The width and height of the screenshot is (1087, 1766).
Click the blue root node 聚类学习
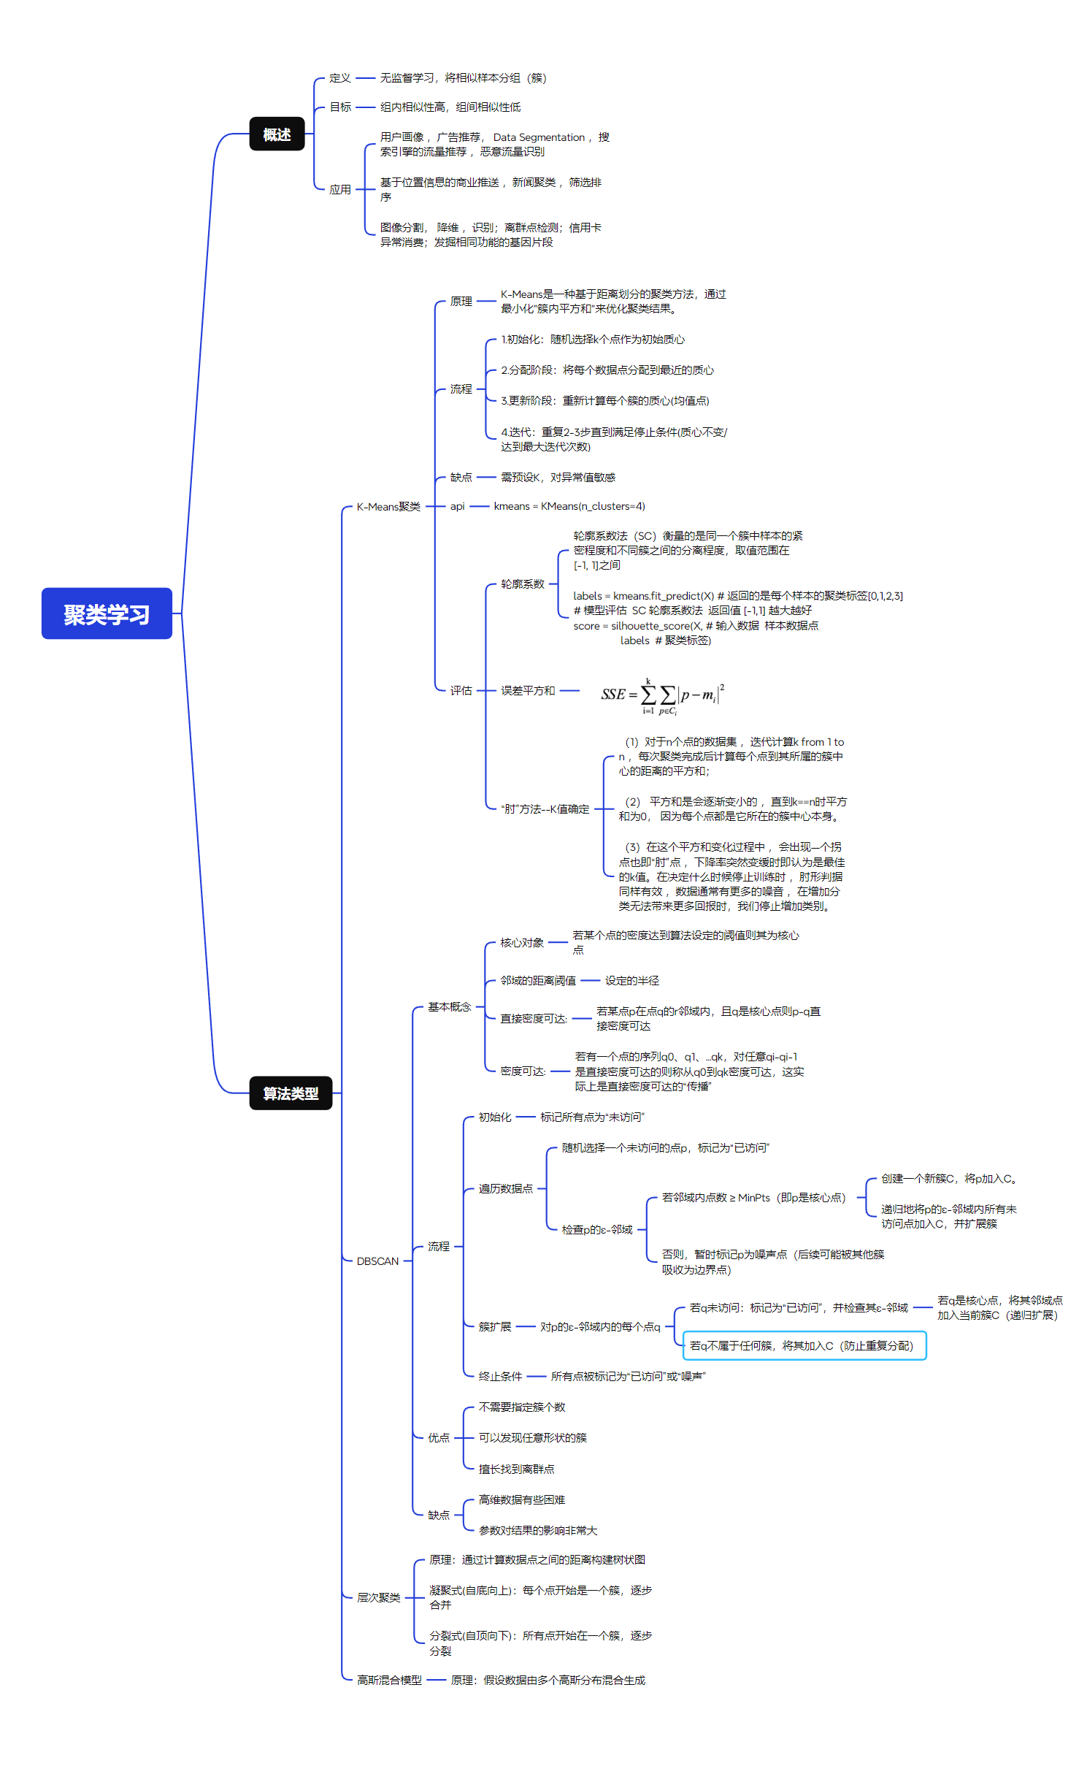[x=107, y=613]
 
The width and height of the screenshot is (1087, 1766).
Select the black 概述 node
[x=277, y=134]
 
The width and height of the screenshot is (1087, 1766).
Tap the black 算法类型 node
[x=291, y=1093]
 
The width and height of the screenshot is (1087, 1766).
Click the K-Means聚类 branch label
[x=388, y=506]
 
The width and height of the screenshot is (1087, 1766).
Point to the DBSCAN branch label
[x=377, y=1261]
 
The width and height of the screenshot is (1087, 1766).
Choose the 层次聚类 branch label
[x=378, y=1597]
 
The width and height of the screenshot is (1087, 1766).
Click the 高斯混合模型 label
[x=389, y=1680]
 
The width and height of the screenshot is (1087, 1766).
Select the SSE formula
[x=662, y=695]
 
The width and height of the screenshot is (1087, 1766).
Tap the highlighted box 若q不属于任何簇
[x=804, y=1345]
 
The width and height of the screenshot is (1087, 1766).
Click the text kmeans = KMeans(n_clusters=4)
[x=569, y=506]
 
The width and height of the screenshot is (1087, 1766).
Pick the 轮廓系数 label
[x=523, y=584]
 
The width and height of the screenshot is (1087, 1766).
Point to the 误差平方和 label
[x=528, y=690]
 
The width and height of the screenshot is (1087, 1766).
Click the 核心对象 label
[x=522, y=942]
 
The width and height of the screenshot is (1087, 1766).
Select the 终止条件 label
[x=500, y=1376]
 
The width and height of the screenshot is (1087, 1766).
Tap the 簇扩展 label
[x=495, y=1326]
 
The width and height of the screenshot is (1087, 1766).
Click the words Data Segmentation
[x=539, y=137]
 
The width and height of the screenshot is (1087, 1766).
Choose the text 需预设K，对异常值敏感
[x=558, y=477]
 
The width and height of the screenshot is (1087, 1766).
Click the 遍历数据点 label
[x=505, y=1188]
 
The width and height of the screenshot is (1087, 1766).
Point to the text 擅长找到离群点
[x=516, y=1469]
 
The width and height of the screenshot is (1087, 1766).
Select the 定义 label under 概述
[x=339, y=78]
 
